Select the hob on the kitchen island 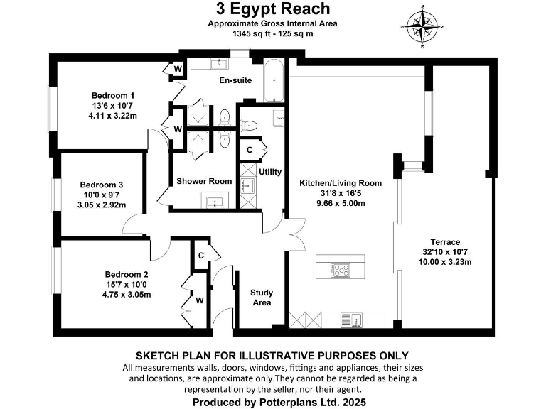[341, 270]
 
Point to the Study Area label [262, 298]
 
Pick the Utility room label [270, 172]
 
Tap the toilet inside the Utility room [248, 126]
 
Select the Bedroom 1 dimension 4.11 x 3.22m [112, 115]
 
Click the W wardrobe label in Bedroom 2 [200, 300]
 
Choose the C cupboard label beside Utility [250, 150]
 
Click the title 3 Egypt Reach [273, 9]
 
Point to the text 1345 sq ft [247, 33]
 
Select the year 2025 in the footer [353, 402]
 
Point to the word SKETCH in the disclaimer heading [158, 355]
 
